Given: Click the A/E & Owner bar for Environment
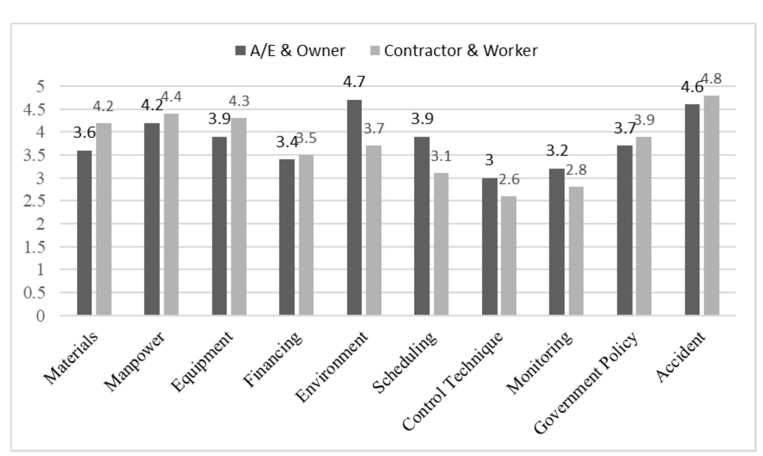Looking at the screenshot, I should (x=354, y=208).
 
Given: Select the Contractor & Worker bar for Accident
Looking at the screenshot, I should (x=711, y=206).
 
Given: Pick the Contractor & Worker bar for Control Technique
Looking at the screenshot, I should (x=509, y=256).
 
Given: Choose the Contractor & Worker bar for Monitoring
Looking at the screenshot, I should (x=576, y=251).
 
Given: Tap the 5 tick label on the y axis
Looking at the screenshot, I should (x=41, y=86).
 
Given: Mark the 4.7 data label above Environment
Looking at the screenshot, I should (x=354, y=82).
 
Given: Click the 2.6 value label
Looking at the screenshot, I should (x=509, y=179).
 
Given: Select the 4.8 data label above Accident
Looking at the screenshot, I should (x=711, y=79).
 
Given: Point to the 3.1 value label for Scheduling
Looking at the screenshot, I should (x=441, y=156).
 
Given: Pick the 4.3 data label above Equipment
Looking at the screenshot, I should (x=239, y=101).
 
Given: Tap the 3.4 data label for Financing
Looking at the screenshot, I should (x=287, y=142).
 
